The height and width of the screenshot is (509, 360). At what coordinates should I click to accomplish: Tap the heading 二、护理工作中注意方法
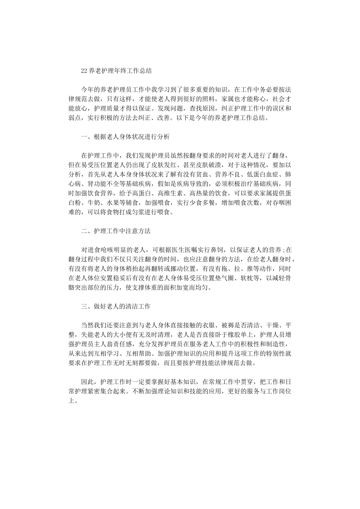click(116, 231)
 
